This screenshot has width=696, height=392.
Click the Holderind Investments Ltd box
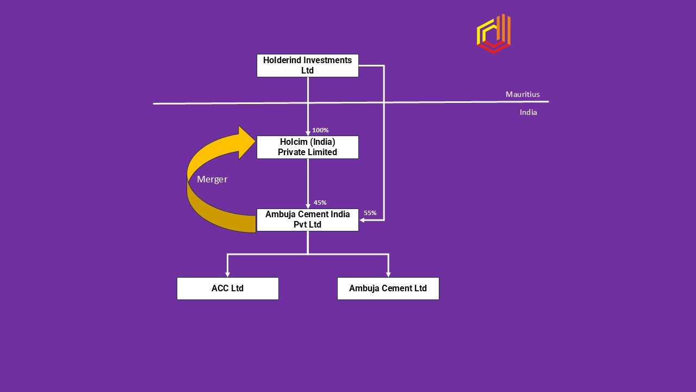307,65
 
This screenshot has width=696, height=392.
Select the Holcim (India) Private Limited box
307,147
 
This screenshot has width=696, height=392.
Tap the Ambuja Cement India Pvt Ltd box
307,219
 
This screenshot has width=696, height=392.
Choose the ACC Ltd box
227,289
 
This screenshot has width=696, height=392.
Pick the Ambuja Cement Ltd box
388,289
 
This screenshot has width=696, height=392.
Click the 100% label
320,130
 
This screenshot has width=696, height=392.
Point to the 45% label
320,203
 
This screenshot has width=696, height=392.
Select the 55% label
370,213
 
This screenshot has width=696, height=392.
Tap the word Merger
212,179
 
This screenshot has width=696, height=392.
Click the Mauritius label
523,94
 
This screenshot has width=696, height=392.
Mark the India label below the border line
528,112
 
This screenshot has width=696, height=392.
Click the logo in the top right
493,34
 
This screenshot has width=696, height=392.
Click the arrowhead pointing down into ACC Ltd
227,274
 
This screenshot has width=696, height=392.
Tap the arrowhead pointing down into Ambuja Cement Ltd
388,274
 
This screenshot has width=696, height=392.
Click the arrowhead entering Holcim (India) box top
308,132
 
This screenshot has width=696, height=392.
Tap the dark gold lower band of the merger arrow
217,215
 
